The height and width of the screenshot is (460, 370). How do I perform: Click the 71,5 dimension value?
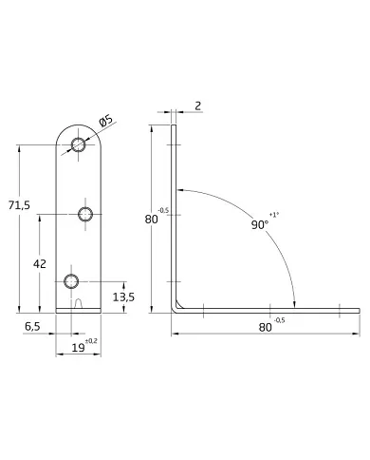tap(19, 205)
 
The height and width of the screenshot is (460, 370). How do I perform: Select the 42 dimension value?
tap(40, 263)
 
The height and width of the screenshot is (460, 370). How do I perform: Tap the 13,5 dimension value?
tap(123, 297)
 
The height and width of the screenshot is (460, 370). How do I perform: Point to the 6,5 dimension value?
tap(32, 327)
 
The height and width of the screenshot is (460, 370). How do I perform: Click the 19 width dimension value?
tap(78, 348)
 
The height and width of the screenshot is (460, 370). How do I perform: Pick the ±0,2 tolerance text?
tap(91, 341)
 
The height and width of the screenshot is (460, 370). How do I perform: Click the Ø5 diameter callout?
tap(105, 121)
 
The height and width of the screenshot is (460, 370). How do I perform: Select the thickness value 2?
tap(198, 105)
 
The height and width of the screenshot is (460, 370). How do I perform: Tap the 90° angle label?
tap(260, 224)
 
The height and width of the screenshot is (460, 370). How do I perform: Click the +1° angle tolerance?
tap(274, 215)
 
